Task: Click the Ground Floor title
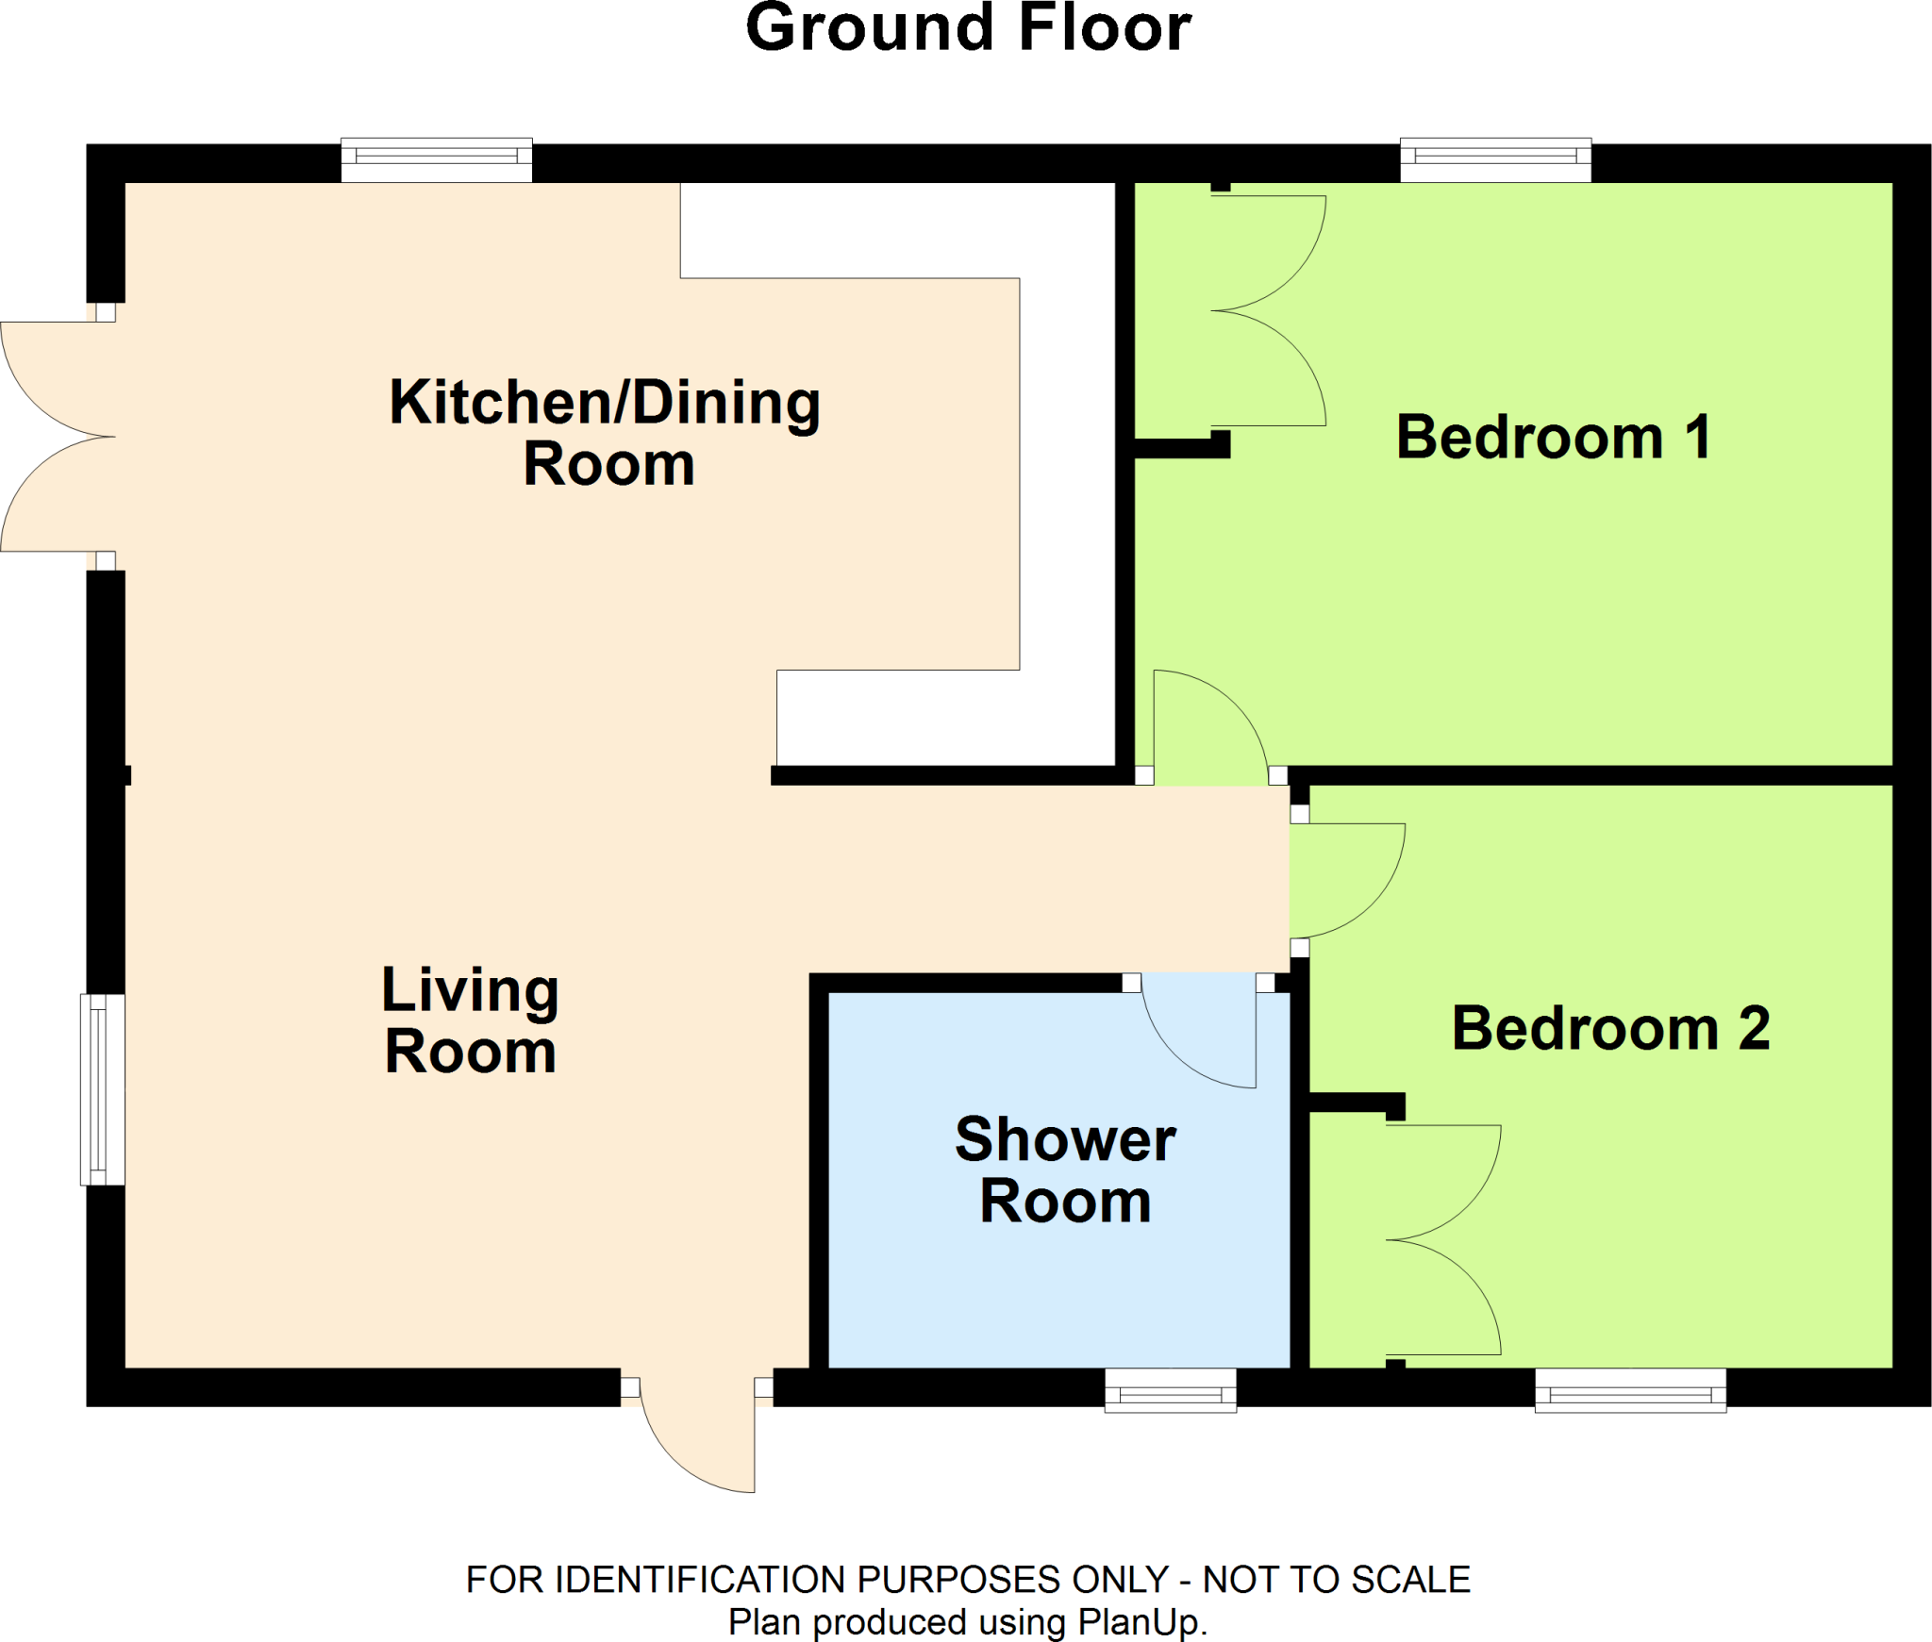(x=968, y=28)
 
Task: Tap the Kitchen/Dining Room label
(x=605, y=432)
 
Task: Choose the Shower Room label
(x=1065, y=1169)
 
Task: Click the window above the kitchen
(x=436, y=159)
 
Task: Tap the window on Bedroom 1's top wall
(x=1495, y=159)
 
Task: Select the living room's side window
(x=102, y=1089)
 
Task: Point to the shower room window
(x=1170, y=1390)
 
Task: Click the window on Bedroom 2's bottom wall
(x=1630, y=1390)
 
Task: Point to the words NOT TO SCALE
(x=1336, y=1580)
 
